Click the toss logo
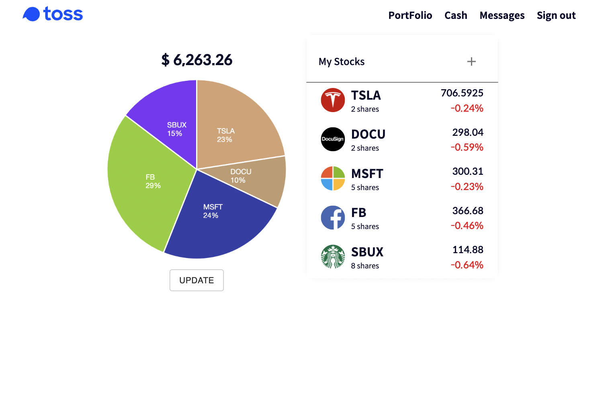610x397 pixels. (x=53, y=14)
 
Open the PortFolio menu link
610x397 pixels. (x=410, y=15)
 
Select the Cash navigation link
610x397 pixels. (x=456, y=15)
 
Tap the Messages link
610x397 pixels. (x=502, y=15)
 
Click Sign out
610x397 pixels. (x=556, y=15)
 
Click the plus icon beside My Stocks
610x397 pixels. (x=471, y=61)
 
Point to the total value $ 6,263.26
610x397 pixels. (x=197, y=60)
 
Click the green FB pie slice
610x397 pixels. (x=145, y=185)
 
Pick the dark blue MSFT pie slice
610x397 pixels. (x=217, y=221)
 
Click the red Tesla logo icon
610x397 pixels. (x=333, y=100)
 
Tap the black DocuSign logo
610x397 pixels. (x=333, y=139)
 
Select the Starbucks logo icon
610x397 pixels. (x=333, y=256)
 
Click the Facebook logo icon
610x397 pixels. (x=333, y=217)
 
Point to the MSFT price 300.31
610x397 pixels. (x=467, y=172)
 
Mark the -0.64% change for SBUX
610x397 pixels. (x=467, y=265)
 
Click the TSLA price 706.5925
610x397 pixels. (x=462, y=93)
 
